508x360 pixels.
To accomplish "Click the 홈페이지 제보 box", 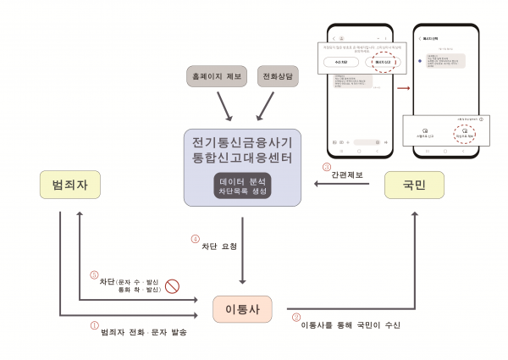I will point(214,76).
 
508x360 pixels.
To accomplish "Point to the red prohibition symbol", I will point(172,285).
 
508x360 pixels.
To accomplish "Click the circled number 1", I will point(95,324).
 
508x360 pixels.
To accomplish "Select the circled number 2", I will point(295,318).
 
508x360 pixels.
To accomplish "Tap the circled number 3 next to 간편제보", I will point(326,166).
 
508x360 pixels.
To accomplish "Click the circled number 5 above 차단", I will point(94,274).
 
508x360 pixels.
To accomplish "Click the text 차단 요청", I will point(219,246).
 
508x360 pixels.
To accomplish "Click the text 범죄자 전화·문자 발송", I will point(143,331).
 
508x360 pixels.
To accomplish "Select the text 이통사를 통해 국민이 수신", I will point(350,324).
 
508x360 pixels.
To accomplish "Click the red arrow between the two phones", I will point(403,86).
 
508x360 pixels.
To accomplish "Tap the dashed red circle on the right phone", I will point(462,130).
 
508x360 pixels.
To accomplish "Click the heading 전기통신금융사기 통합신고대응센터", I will point(243,147).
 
